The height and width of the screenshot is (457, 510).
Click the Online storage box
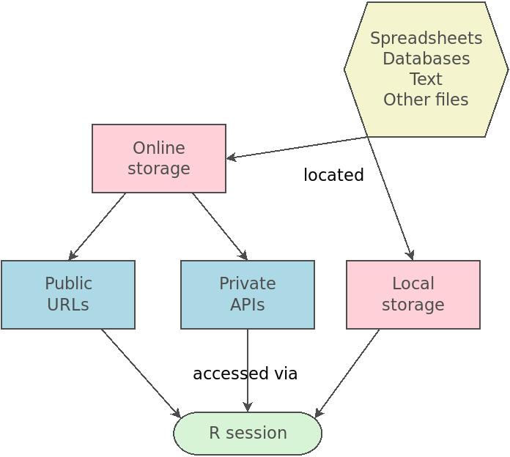[x=159, y=158]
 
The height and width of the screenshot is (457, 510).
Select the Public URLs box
[x=68, y=294]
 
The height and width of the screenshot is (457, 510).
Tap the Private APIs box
[x=248, y=294]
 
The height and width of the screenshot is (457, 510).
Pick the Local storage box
[x=413, y=294]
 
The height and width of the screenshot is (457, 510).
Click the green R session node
[x=248, y=433]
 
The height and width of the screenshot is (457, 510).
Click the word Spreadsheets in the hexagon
[x=426, y=38]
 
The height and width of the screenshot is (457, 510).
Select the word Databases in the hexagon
[x=426, y=59]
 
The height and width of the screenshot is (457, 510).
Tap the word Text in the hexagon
[x=426, y=79]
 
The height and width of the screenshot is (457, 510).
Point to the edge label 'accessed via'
[x=245, y=374]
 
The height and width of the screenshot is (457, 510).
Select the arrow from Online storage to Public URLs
[x=97, y=227]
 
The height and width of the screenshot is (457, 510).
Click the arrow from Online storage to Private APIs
[x=220, y=226]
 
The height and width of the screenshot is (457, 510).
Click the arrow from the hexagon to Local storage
[x=390, y=198]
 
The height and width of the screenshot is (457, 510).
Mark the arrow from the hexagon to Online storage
[x=297, y=147]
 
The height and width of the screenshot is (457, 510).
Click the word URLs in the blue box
[x=68, y=305]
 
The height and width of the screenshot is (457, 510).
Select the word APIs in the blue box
[x=248, y=305]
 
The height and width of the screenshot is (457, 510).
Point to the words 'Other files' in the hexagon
[x=426, y=100]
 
